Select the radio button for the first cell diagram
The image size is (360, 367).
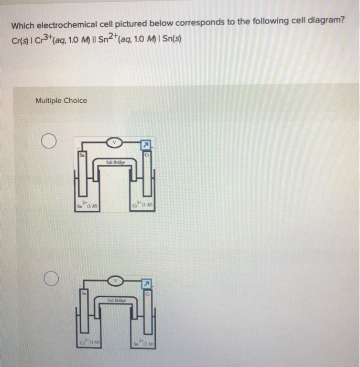tap(49, 142)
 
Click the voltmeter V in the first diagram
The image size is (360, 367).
tap(114, 142)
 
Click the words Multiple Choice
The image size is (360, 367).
tap(61, 101)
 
